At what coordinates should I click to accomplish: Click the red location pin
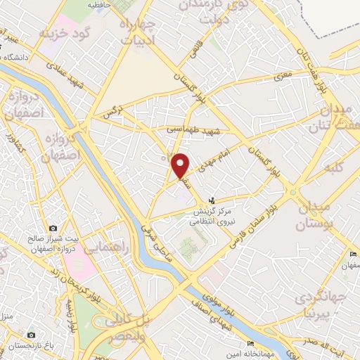pos(181,165)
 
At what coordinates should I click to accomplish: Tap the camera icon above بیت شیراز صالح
pos(32,237)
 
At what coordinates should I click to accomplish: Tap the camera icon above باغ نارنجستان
pos(32,335)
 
